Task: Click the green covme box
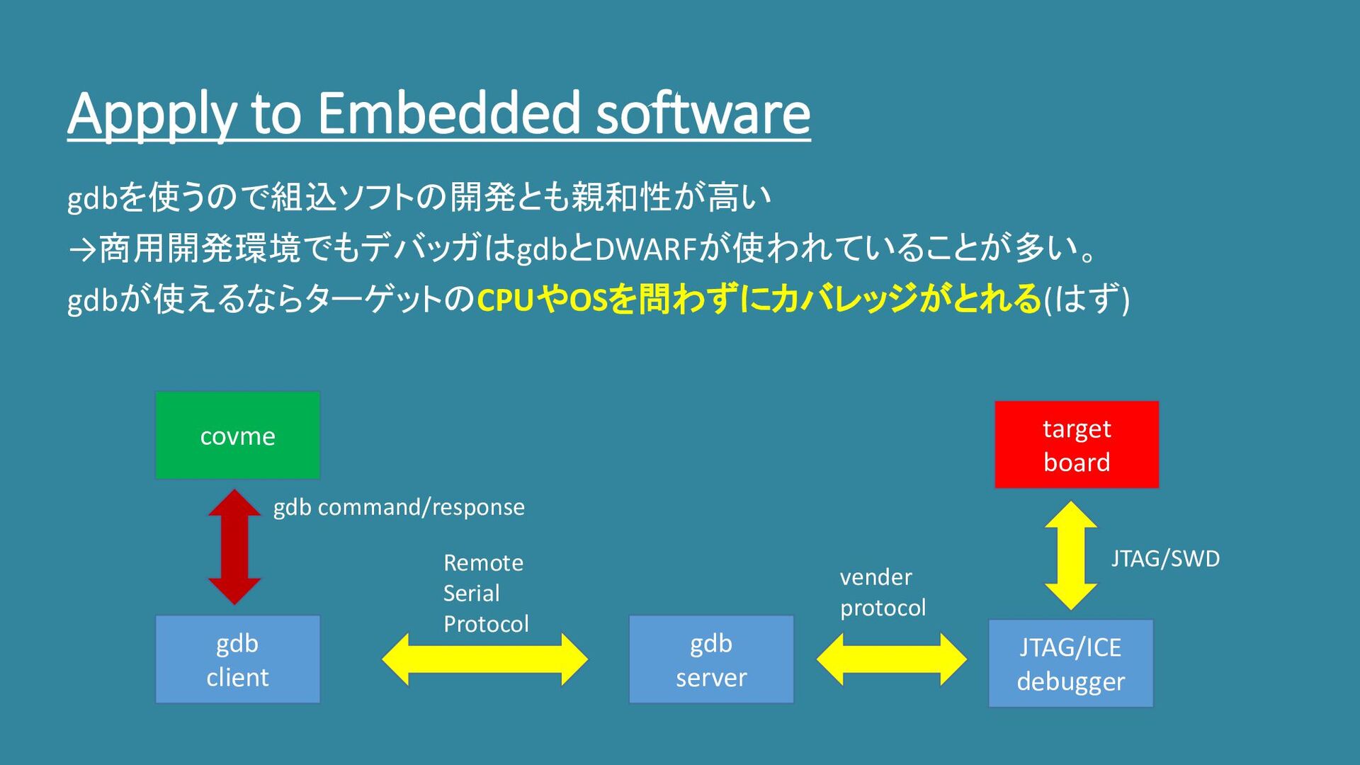pos(237,435)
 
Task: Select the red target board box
pos(1077,445)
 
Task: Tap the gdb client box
pos(237,659)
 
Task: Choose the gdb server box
pos(711,659)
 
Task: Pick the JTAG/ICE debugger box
pos(1070,664)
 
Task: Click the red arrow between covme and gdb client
pos(234,546)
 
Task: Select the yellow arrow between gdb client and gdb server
pos(485,659)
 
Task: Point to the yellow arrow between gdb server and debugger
pos(891,659)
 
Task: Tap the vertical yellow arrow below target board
pos(1070,555)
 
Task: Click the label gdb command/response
pos(399,507)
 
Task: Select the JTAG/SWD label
pos(1165,559)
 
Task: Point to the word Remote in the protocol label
pos(483,563)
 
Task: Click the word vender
pos(875,577)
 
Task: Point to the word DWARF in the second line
pos(646,249)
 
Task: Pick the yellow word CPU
pos(504,300)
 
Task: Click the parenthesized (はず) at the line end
pos(1087,300)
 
